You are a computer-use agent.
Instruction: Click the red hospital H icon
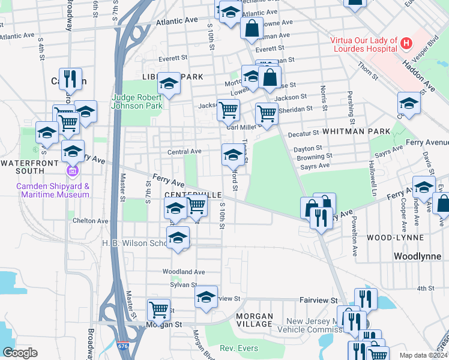407,43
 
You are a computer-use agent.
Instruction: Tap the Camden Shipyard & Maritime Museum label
53,190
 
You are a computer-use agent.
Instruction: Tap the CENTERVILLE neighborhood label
193,196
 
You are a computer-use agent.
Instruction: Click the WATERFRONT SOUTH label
31,163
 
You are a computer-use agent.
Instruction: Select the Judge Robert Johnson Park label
137,101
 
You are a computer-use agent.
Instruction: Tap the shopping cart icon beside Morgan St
159,310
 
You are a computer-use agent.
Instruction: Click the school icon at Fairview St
206,297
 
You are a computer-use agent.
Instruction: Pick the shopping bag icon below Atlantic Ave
252,27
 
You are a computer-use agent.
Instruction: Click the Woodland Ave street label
184,272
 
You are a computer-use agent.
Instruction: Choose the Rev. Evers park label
238,349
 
